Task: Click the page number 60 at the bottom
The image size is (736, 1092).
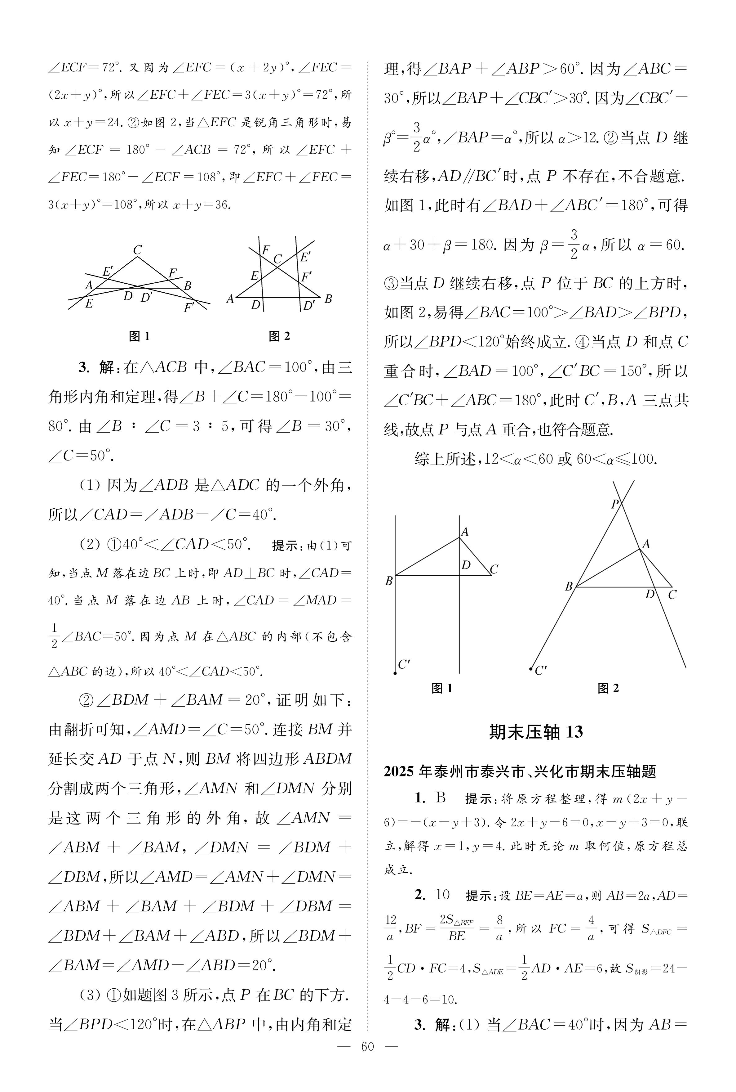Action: (367, 1060)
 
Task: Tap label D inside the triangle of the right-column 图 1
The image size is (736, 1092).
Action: (466, 565)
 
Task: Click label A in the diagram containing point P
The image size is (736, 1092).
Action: (646, 544)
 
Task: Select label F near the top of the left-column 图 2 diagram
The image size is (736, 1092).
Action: (266, 250)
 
